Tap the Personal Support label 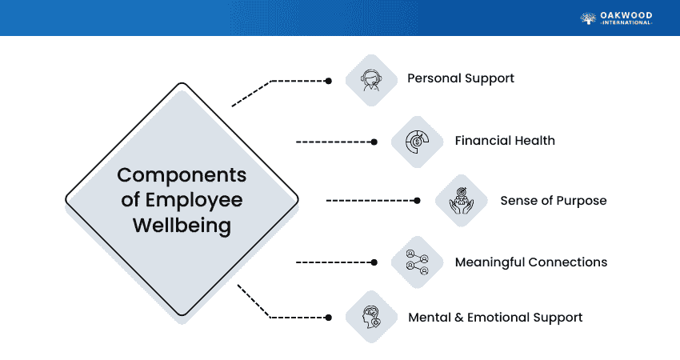point(460,78)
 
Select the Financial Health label point(504,141)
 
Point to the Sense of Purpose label point(553,200)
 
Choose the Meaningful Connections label point(530,262)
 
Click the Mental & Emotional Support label point(495,318)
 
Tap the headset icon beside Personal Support point(371,79)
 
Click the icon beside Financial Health point(418,142)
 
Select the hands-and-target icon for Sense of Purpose point(462,201)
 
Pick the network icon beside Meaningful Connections point(418,262)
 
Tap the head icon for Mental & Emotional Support point(371,317)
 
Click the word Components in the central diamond point(182,174)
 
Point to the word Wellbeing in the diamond point(182,226)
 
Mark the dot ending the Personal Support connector point(328,81)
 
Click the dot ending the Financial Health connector point(374,142)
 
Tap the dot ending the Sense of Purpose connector point(417,201)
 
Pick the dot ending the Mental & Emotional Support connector point(328,317)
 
